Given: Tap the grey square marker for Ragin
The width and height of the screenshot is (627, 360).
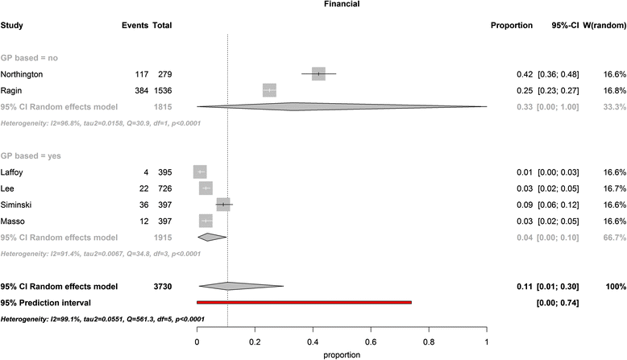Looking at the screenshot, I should click(x=269, y=90).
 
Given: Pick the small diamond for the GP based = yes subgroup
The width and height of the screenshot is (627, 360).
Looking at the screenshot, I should click(x=211, y=237).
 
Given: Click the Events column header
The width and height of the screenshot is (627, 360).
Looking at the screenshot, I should click(x=134, y=26).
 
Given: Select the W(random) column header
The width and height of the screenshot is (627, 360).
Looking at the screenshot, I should click(x=601, y=26).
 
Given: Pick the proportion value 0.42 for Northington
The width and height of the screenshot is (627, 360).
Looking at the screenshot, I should click(x=525, y=74).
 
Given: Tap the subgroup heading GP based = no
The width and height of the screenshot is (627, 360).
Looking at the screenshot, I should click(x=29, y=58).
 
